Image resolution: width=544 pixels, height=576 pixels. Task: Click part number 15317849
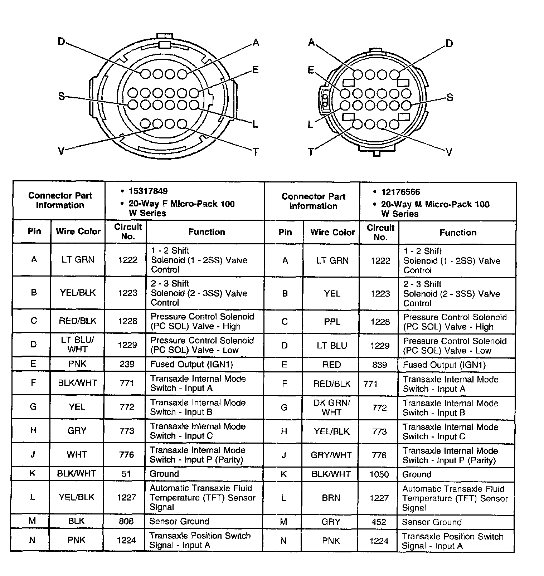click(x=148, y=191)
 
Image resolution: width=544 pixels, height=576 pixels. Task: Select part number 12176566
click(x=400, y=192)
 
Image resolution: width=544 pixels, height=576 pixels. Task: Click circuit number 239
click(x=127, y=364)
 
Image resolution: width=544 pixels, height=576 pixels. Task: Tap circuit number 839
click(x=379, y=365)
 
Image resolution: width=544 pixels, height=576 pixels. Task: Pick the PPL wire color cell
click(x=332, y=322)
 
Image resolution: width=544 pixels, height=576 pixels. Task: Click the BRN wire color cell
click(x=331, y=498)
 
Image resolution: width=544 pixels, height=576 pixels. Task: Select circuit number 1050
click(x=379, y=474)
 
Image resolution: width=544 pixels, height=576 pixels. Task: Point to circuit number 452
click(x=379, y=522)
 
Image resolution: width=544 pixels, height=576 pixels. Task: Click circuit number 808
click(x=126, y=521)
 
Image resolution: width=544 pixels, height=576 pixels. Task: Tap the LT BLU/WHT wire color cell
click(x=77, y=345)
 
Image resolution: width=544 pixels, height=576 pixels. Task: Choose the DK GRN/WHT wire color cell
click(x=331, y=407)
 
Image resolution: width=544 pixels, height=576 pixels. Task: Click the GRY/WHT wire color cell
click(x=331, y=455)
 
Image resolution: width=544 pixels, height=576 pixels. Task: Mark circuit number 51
click(x=126, y=474)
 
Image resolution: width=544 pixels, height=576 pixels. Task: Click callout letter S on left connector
click(x=62, y=96)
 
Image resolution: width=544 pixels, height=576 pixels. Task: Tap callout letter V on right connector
click(x=449, y=152)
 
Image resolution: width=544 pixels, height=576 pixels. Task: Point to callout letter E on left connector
click(x=255, y=70)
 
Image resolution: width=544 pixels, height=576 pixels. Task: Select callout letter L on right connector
click(x=311, y=125)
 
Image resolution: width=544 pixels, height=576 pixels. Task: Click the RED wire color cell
click(x=331, y=365)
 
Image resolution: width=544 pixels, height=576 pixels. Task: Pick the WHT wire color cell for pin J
click(x=77, y=454)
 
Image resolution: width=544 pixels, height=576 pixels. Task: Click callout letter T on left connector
click(x=256, y=152)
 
